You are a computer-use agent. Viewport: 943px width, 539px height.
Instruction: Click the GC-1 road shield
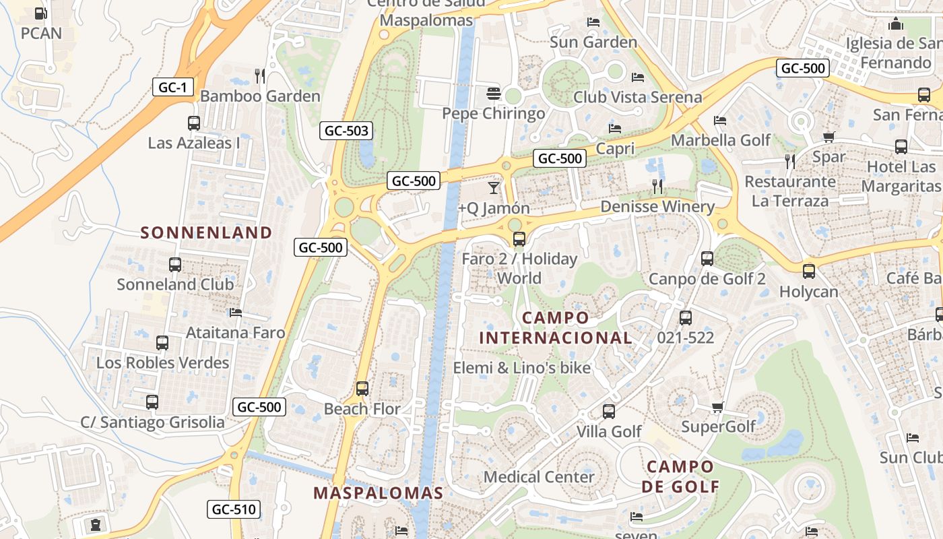[173, 87]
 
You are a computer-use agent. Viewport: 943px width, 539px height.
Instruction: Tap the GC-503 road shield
[346, 131]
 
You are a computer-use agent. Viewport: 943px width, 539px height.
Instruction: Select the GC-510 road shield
[233, 509]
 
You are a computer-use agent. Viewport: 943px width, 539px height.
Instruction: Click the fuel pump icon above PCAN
[40, 13]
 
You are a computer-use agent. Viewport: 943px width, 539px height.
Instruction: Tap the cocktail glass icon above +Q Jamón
[494, 187]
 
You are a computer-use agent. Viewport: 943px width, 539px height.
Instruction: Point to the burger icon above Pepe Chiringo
[494, 93]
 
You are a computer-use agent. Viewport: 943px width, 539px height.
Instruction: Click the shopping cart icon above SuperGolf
[718, 407]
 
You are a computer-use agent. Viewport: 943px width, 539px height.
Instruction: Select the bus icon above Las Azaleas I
[194, 123]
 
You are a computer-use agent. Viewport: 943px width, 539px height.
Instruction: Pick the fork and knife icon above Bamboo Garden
[260, 75]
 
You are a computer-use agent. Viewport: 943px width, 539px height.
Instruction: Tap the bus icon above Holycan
[809, 272]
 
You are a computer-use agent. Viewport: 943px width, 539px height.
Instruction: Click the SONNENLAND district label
[206, 233]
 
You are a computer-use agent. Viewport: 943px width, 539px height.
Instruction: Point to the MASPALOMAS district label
[379, 493]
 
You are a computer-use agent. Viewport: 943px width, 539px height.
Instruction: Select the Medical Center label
[539, 477]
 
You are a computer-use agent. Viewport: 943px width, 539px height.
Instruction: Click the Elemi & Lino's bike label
[521, 368]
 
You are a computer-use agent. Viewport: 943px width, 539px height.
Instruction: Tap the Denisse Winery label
[657, 207]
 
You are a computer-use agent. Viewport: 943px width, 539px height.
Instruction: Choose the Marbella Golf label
[721, 140]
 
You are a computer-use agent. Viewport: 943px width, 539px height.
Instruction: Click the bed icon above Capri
[615, 128]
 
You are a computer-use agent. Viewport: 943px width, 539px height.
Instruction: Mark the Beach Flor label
[362, 409]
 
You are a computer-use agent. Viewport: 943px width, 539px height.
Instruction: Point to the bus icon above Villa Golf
[609, 411]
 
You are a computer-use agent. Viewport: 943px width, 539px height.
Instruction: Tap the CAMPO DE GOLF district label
[680, 476]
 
